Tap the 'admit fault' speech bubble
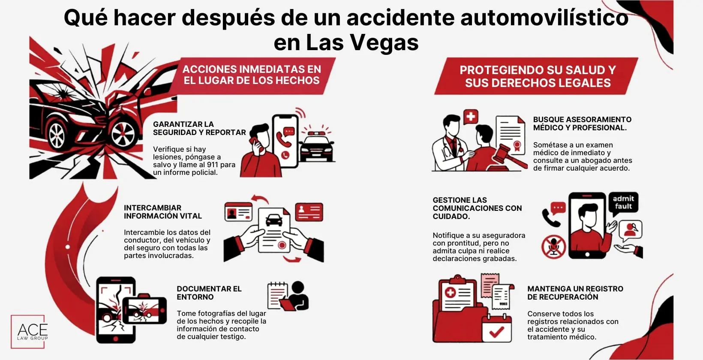click(623, 202)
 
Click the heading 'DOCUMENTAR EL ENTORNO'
click(209, 293)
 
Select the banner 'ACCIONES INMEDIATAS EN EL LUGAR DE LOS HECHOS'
click(252, 75)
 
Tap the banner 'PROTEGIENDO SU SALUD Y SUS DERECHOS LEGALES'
click(538, 76)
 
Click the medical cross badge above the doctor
click(471, 116)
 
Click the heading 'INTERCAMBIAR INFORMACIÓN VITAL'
click(162, 212)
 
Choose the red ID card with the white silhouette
click(309, 212)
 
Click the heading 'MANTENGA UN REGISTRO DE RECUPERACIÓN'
click(575, 293)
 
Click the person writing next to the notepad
click(297, 296)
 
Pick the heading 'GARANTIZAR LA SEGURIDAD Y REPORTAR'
click(199, 128)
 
